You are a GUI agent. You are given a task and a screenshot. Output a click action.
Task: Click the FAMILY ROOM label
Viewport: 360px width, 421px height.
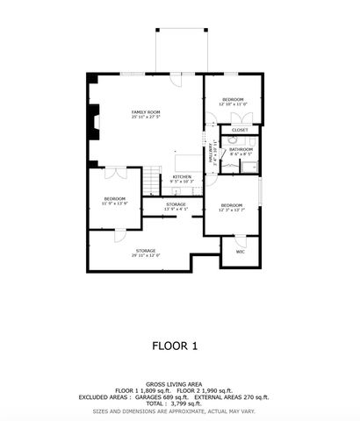point(146,113)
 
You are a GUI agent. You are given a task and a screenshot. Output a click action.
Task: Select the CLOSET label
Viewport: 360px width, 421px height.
point(240,131)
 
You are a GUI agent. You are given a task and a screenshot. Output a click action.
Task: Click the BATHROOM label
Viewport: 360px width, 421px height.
point(241,149)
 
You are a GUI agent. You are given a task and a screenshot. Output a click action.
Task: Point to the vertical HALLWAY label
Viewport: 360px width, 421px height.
point(212,155)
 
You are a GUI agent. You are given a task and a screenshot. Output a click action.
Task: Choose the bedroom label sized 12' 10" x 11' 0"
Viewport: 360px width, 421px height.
point(233,100)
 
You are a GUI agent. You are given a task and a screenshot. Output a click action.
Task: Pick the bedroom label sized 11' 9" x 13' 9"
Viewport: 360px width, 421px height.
point(115,200)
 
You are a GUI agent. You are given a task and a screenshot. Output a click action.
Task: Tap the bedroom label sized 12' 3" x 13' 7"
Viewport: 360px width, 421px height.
point(232,207)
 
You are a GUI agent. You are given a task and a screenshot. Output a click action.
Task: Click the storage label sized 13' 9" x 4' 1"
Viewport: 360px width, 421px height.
point(176,205)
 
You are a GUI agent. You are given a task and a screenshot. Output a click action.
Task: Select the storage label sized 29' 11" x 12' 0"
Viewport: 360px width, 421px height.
point(145,252)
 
